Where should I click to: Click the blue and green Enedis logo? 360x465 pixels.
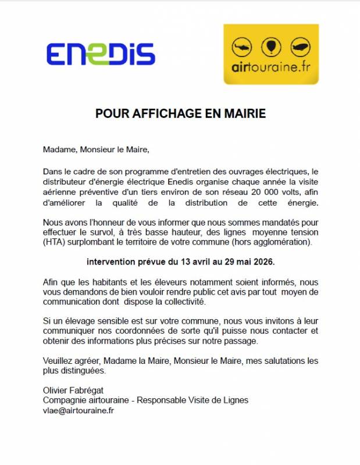tap(100, 54)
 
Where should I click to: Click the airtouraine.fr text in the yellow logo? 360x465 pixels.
tap(270, 66)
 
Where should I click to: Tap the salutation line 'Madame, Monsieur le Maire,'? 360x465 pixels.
tap(96, 150)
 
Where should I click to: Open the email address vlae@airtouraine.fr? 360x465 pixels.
tap(79, 410)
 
